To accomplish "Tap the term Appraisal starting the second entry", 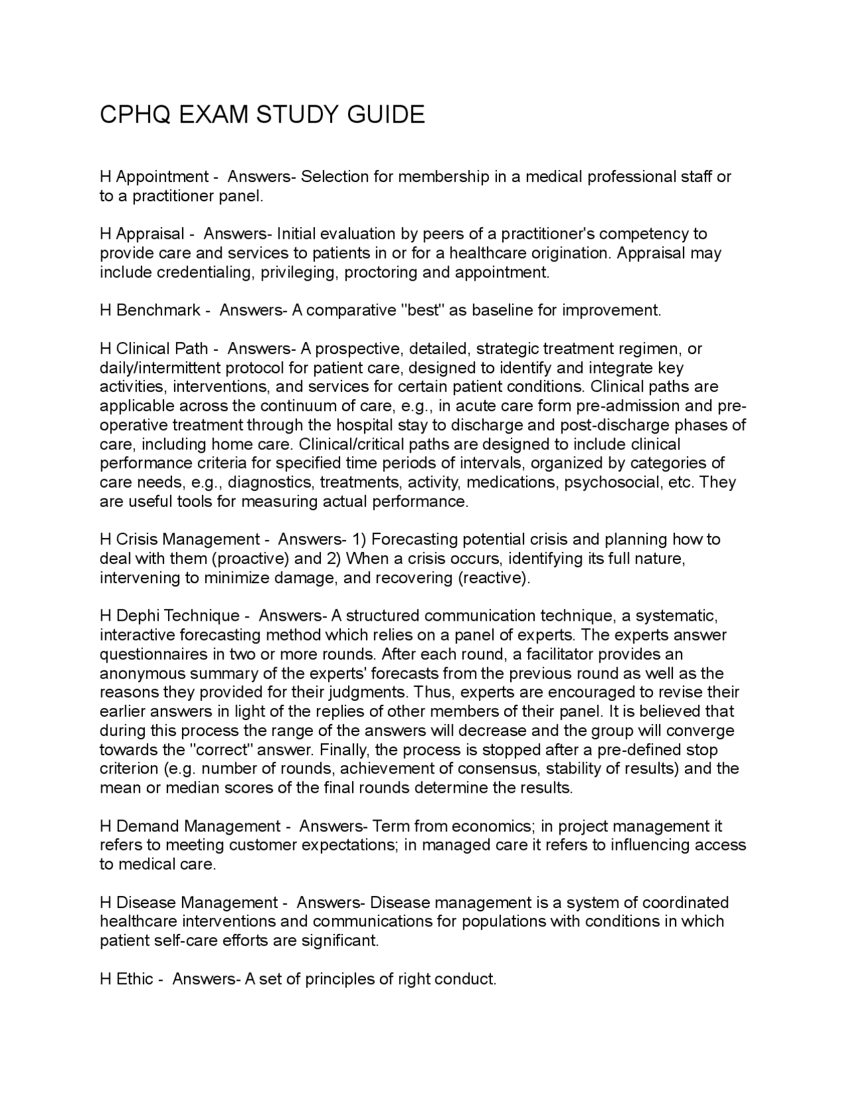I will [x=150, y=234].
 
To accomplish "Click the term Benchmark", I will [x=158, y=310].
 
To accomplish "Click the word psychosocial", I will [x=612, y=482].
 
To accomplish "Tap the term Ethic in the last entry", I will [x=135, y=979].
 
